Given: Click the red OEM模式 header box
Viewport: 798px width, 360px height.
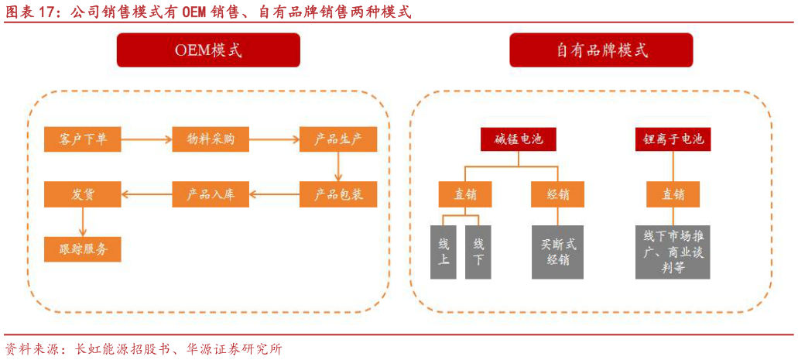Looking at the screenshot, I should coord(208,50).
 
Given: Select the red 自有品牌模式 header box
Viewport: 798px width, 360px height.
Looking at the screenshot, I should coord(601,50).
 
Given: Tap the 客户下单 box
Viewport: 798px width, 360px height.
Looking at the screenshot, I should coord(83,140).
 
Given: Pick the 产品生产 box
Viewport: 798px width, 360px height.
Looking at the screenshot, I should coord(337,140).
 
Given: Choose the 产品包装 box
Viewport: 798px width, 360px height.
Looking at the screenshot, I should coord(337,194).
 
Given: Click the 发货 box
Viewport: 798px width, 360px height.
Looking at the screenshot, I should coord(83,194).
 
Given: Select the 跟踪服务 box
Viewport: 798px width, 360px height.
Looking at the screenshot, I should coord(83,249).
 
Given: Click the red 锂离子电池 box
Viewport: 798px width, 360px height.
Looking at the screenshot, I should coord(673,140).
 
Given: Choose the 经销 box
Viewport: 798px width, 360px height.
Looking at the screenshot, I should coord(557,194).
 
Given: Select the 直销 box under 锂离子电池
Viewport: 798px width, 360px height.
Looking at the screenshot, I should coord(673,194).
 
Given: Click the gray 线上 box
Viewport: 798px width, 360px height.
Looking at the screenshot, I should coord(444,252).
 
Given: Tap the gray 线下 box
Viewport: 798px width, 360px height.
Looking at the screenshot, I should coord(478,252).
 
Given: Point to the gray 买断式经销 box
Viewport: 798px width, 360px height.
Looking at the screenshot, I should coord(557,252).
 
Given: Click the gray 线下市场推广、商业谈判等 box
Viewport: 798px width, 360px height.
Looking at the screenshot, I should coord(673,252).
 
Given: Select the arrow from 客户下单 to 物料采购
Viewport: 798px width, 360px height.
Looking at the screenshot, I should coord(147,140).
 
